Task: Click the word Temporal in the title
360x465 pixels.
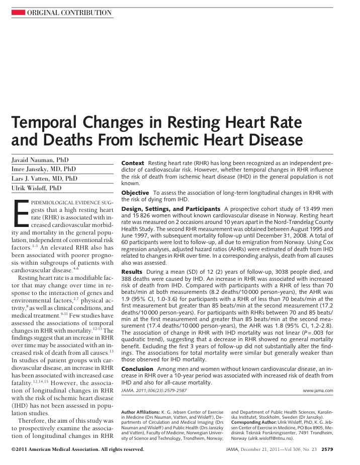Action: point(49,122)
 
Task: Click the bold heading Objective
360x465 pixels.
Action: point(135,193)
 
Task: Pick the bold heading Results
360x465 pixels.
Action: point(132,272)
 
